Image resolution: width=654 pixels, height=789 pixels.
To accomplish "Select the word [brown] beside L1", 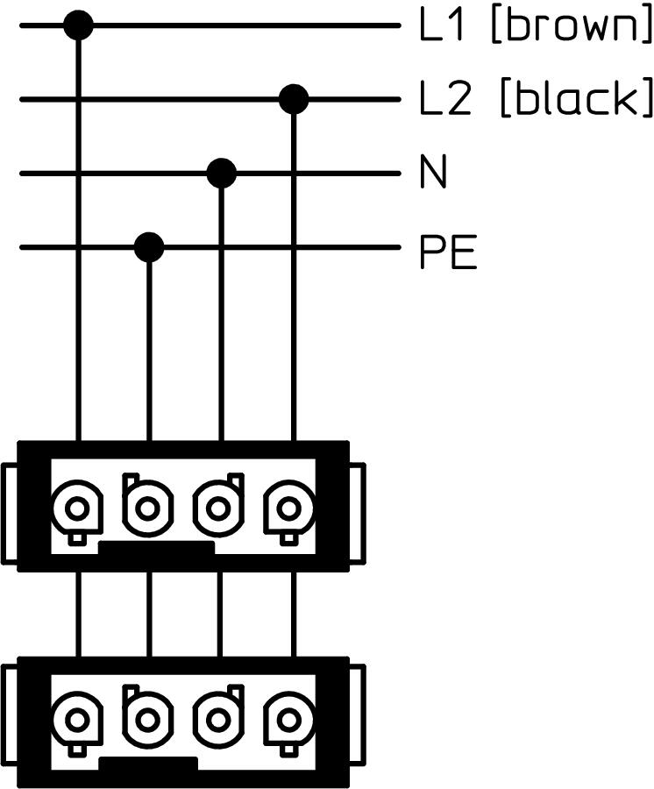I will [570, 28].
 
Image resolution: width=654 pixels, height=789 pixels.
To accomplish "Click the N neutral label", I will [433, 174].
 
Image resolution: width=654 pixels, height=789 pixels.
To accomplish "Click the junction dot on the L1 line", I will [79, 25].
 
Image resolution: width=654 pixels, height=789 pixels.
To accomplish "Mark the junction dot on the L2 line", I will [294, 100].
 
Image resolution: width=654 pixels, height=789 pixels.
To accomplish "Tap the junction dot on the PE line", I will [149, 247].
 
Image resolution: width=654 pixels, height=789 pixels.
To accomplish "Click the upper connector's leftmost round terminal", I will [77, 508].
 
